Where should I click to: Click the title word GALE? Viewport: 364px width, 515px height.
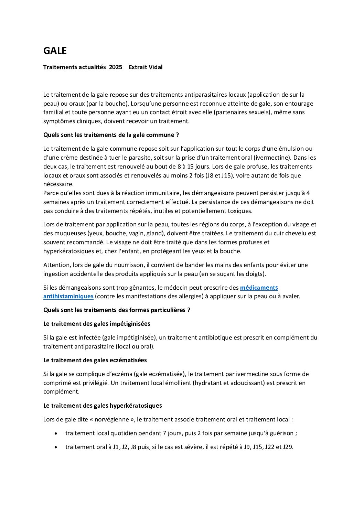click(x=55, y=51)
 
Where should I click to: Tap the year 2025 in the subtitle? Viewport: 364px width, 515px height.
click(x=116, y=67)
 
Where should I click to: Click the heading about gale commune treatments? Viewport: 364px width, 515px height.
click(x=111, y=135)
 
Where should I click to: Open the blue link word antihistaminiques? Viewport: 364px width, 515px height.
click(x=68, y=296)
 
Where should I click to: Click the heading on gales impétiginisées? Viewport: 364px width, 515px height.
click(x=97, y=324)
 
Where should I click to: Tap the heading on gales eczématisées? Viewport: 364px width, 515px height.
click(x=95, y=360)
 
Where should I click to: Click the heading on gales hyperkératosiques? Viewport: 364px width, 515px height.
click(x=103, y=406)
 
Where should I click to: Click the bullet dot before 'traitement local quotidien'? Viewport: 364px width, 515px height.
click(x=56, y=433)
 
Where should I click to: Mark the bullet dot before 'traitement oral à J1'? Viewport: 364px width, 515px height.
click(x=56, y=447)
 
